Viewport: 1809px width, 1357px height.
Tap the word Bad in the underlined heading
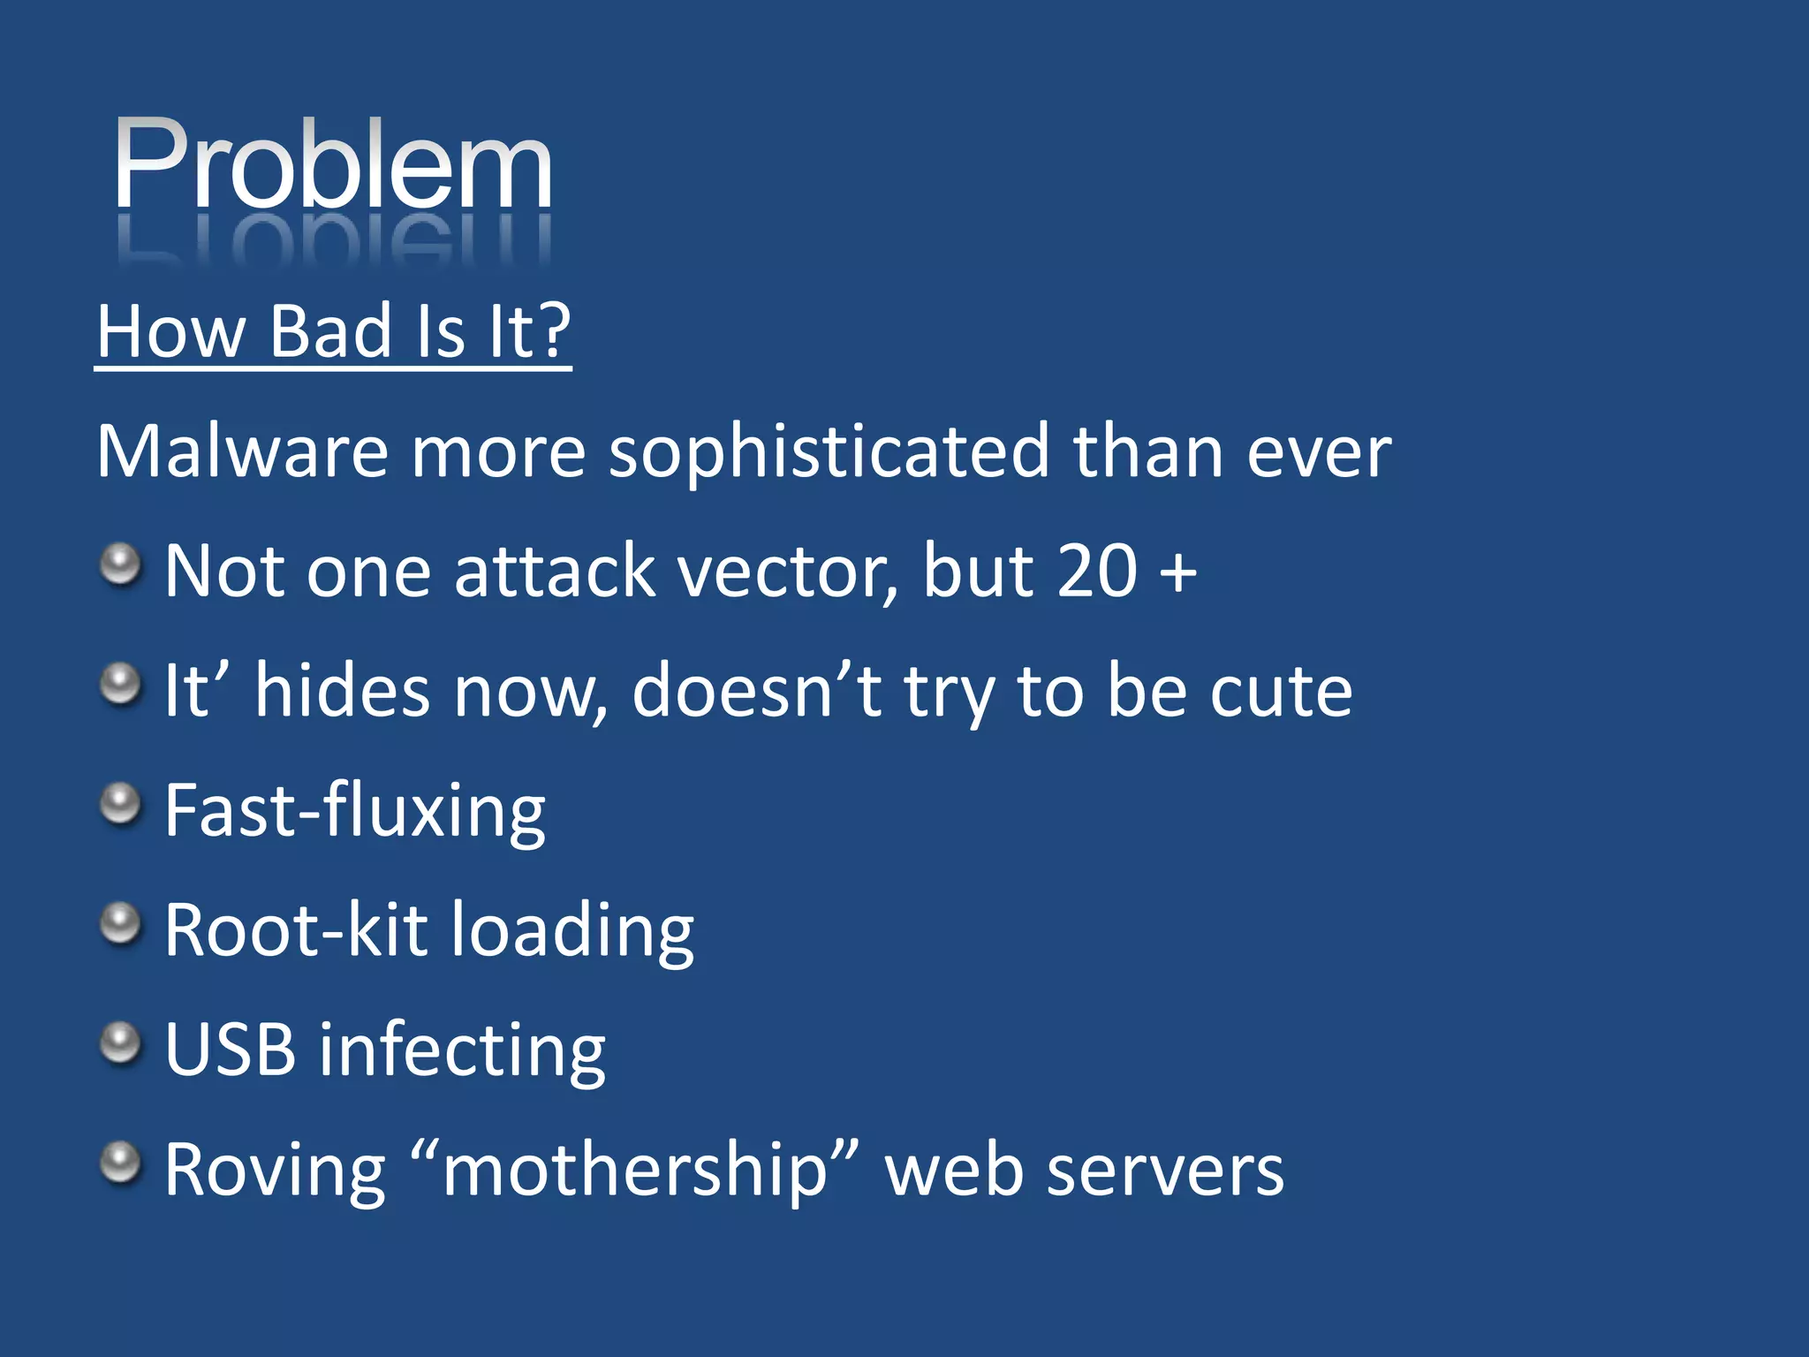click(x=329, y=331)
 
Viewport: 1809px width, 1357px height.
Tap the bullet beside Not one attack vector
click(x=120, y=564)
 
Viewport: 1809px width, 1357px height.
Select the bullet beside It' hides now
click(x=120, y=684)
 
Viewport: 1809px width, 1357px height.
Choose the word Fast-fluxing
click(x=355, y=811)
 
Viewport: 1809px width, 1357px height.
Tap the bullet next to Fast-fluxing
click(x=120, y=804)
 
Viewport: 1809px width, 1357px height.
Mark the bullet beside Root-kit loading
click(x=120, y=923)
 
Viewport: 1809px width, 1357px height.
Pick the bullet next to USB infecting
click(x=120, y=1043)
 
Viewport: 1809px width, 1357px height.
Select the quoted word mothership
click(x=634, y=1171)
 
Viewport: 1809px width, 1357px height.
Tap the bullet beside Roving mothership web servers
click(x=120, y=1163)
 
